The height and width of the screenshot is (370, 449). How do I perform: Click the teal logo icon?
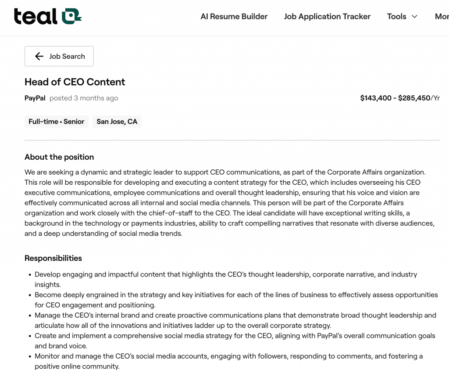tap(71, 16)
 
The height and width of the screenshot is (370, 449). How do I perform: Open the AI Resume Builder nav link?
tap(234, 17)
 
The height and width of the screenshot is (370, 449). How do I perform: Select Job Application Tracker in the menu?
tap(327, 17)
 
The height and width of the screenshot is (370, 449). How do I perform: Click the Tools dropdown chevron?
tap(414, 17)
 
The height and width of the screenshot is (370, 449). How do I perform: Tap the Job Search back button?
tap(59, 56)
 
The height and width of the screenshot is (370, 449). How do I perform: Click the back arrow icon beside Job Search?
tap(39, 56)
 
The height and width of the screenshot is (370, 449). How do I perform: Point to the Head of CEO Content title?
tap(75, 82)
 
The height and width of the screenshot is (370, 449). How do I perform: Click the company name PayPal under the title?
tap(35, 98)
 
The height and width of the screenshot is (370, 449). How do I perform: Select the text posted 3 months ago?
tap(84, 98)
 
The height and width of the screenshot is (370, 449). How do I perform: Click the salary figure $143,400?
tap(376, 98)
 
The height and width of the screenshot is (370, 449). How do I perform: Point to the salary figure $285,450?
tap(414, 98)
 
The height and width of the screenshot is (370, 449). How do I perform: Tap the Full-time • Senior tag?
tap(56, 122)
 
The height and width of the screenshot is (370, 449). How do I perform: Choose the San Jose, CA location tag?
tap(117, 122)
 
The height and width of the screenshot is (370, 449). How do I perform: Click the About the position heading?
tap(59, 157)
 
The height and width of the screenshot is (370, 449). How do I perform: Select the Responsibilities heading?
tap(53, 258)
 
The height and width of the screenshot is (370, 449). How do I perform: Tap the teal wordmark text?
tap(36, 17)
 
